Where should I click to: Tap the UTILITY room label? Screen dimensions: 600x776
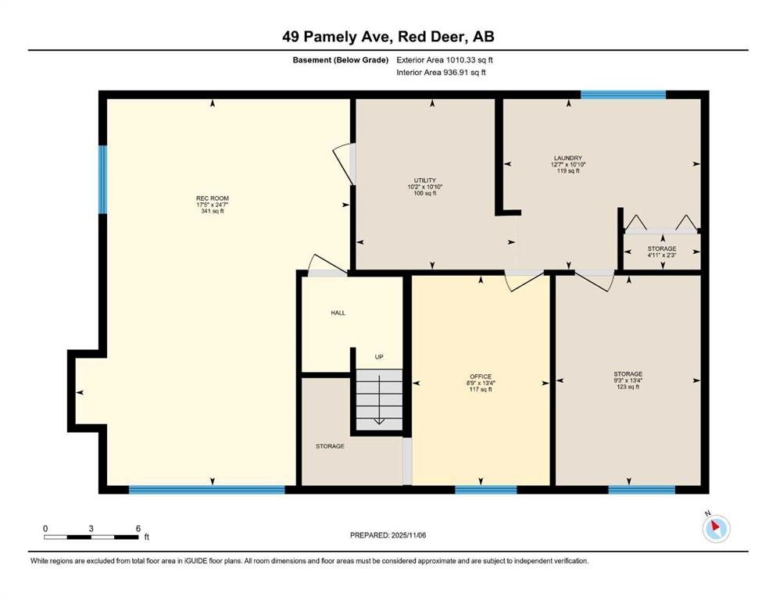coord(425,180)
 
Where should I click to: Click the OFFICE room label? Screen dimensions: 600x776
coord(481,377)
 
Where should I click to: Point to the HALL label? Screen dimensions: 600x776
coord(338,313)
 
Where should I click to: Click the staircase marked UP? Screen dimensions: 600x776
coord(379,398)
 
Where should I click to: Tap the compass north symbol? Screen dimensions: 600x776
coord(716,529)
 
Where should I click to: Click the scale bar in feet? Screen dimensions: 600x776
coord(91,537)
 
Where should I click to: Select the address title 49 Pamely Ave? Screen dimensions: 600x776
coord(388,36)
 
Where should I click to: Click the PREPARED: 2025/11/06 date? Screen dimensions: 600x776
coord(388,535)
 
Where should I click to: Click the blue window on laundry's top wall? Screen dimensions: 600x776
coord(623,95)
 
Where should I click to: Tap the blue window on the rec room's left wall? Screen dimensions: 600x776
coord(102,180)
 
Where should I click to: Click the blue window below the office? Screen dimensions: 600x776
coord(485,490)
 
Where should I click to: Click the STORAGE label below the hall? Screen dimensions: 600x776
coord(330,446)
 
